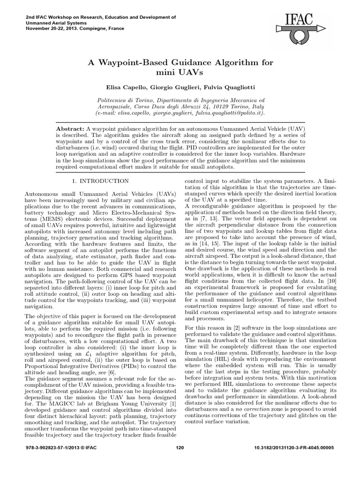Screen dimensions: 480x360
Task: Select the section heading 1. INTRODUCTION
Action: click(100, 181)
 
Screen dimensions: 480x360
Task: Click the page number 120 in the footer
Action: click(180, 461)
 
